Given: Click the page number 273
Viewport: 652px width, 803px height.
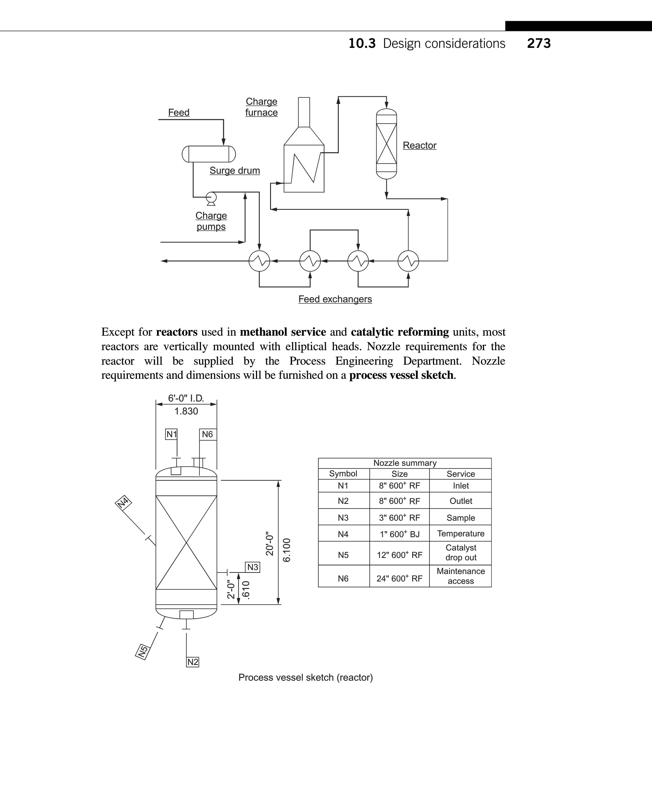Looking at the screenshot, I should pos(539,44).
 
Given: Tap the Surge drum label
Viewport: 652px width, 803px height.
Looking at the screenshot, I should pos(234,171).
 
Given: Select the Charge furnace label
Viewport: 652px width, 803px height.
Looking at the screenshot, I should pos(261,107).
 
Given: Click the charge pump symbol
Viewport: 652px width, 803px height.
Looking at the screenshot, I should pos(211,197).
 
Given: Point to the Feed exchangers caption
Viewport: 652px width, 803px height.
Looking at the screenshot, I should pos(335,299).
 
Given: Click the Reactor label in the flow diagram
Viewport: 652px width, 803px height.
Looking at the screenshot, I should pos(419,145).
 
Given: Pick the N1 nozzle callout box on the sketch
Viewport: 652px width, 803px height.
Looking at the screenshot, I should pos(171,434).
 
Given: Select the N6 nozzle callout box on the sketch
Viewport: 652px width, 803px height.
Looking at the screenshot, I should pos(207,434).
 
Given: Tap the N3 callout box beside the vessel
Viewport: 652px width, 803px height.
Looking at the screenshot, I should pos(253,567).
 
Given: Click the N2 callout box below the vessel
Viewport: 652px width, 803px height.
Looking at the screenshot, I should pos(193,662).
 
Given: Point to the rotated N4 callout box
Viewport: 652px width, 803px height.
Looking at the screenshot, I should pos(124,502).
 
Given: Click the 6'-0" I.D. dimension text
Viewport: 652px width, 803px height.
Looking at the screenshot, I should pos(186,398).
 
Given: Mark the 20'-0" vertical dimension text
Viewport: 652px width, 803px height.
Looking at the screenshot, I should pos(269,543).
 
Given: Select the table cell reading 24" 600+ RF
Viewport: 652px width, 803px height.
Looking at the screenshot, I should pos(399,578).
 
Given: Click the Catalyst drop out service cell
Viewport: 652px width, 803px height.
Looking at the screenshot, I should pos(460,552).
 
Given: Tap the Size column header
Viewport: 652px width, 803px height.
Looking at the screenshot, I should pos(399,474).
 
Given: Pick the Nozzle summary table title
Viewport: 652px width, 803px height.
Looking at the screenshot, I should pos(405,463).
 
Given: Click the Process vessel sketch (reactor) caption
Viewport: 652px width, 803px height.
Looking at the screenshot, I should pos(305,678).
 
